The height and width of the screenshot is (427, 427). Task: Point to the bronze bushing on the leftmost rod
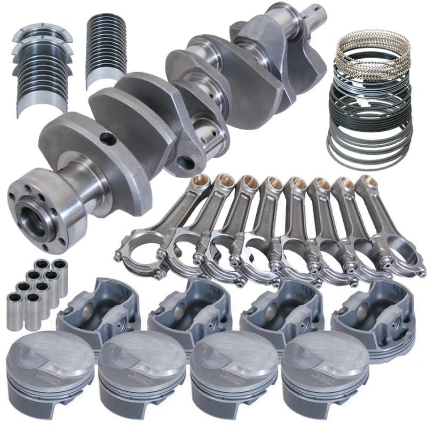pos(202,181)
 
